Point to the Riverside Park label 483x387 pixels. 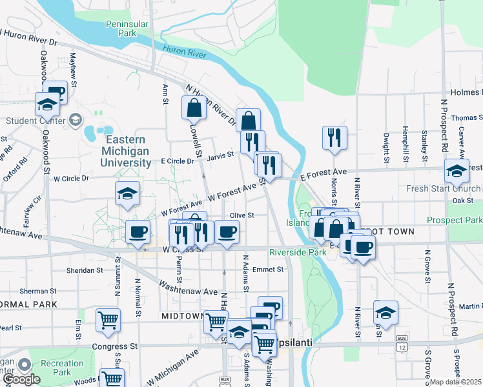click(298, 252)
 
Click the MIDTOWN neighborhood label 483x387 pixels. click(183, 316)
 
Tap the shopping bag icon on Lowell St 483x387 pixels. click(194, 108)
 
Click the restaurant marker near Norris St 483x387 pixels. click(334, 138)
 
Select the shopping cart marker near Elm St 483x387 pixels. click(108, 320)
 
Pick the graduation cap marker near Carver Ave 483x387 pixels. click(457, 172)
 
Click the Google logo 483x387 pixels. click(22, 380)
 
